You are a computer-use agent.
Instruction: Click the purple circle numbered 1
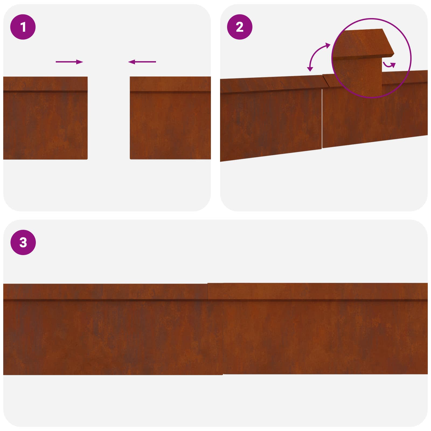[x=23, y=27]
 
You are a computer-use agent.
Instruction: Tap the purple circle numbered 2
[x=239, y=27]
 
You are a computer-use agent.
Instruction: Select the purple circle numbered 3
[x=23, y=242]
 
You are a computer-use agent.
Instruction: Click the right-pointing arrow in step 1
[x=69, y=62]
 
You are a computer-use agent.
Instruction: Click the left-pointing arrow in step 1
[x=142, y=62]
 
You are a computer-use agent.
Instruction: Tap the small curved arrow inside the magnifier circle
[x=390, y=64]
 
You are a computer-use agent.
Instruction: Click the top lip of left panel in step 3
[x=105, y=291]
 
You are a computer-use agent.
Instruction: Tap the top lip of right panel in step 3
[x=318, y=291]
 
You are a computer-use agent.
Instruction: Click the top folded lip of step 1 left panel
[x=45, y=84]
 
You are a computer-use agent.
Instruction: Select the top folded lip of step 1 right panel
[x=170, y=84]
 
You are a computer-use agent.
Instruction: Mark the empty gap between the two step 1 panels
[x=109, y=119]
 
